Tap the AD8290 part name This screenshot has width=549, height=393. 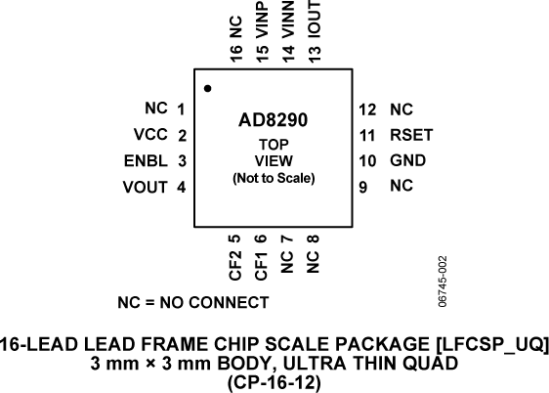[274, 123]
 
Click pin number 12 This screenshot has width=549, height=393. [366, 109]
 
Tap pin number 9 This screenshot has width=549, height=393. [362, 185]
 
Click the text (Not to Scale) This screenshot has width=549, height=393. [274, 179]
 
